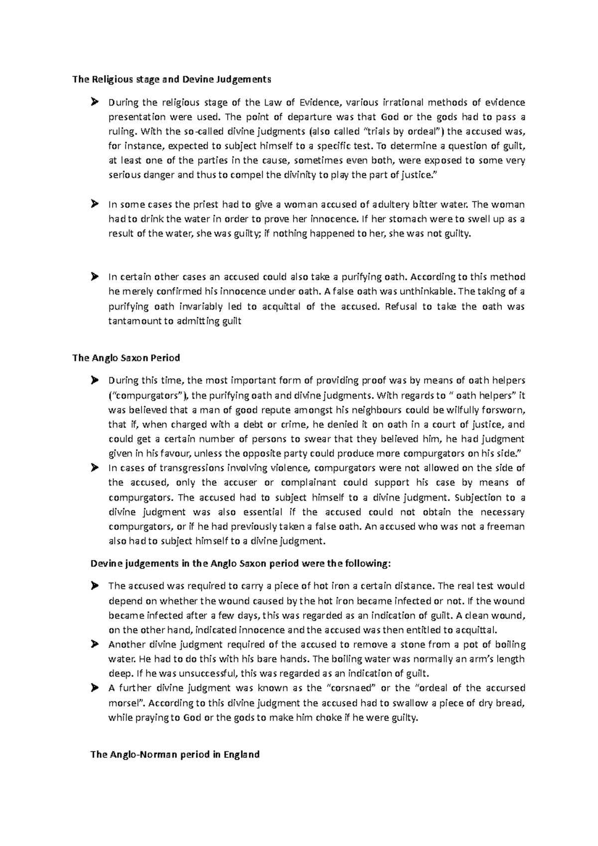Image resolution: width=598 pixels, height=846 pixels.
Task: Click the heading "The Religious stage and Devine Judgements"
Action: pyautogui.click(x=172, y=79)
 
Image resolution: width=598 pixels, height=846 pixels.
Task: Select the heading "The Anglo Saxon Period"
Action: pyautogui.click(x=126, y=358)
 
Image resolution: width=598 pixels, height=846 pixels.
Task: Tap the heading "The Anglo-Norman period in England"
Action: pyautogui.click(x=175, y=754)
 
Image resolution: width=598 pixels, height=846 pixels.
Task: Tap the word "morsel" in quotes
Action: pyautogui.click(x=125, y=703)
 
